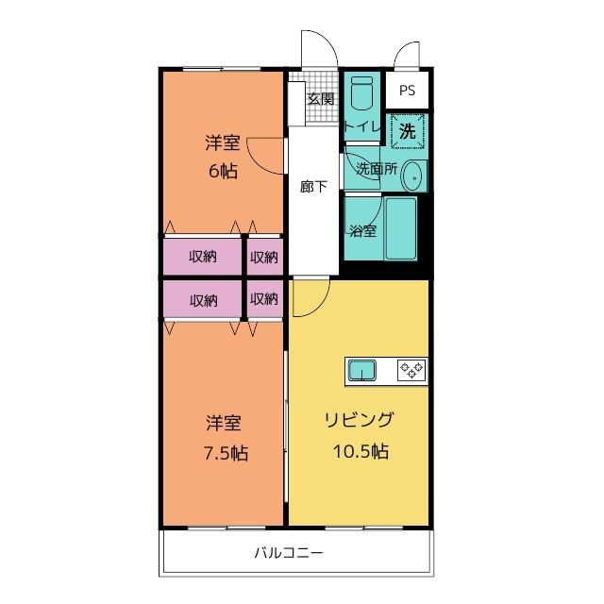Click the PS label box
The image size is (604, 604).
tap(407, 91)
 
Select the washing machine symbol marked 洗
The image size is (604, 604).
tap(408, 131)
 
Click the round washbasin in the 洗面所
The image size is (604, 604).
tap(411, 175)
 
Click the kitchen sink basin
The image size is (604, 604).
tap(363, 370)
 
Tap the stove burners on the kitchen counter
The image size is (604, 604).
tap(411, 370)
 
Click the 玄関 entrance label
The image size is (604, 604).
tap(320, 98)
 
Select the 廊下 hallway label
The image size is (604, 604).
tap(313, 186)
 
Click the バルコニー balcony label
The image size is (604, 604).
tap(289, 553)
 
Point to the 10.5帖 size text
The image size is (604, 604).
tap(359, 451)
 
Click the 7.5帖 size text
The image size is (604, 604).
tap(226, 453)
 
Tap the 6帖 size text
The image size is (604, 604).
tap(223, 171)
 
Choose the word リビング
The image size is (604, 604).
tap(359, 421)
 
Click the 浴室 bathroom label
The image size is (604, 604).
tap(362, 230)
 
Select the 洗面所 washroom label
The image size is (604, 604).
tap(375, 170)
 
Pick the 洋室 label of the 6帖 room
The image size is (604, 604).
tap(223, 143)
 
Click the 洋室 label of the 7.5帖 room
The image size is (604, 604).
tap(226, 423)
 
